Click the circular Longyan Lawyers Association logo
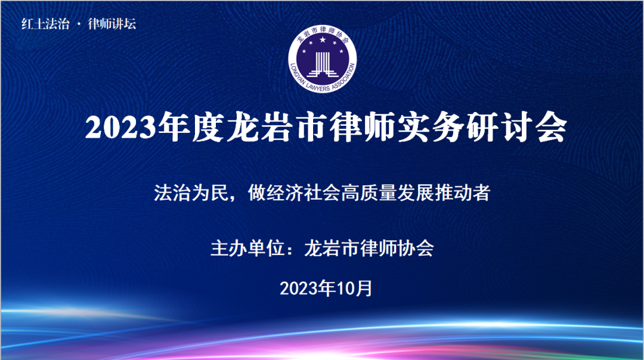click(323, 59)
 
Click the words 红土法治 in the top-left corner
click(45, 24)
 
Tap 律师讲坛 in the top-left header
click(112, 24)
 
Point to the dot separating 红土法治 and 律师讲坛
click(79, 24)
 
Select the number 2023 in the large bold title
click(121, 128)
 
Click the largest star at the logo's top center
click(323, 40)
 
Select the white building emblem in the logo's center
click(323, 64)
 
